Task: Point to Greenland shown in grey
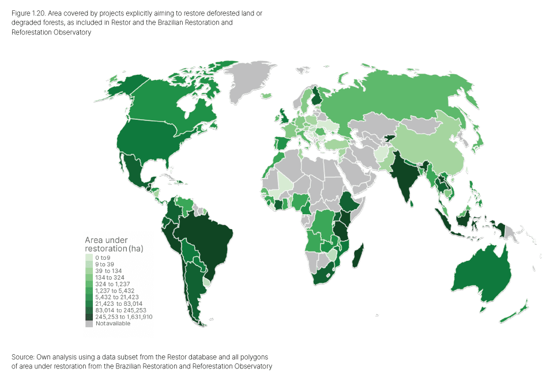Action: click(251, 81)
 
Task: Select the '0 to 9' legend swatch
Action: click(89, 257)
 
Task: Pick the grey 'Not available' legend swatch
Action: click(89, 324)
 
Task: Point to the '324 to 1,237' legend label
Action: click(112, 284)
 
